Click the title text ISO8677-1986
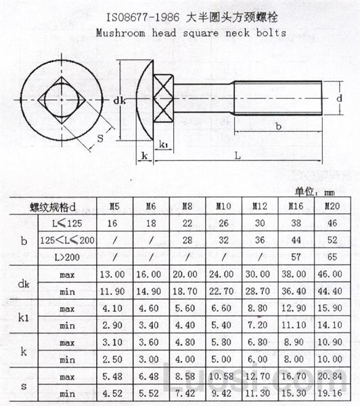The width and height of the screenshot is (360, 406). click(139, 15)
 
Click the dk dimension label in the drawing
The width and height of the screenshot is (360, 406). click(120, 101)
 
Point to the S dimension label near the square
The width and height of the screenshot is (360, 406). click(99, 139)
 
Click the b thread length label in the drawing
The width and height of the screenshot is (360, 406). click(279, 126)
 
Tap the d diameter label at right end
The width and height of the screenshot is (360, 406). click(338, 98)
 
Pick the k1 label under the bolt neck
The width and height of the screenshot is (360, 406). click(164, 144)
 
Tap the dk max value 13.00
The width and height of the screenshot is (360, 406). click(112, 275)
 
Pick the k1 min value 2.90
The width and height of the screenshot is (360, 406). click(112, 325)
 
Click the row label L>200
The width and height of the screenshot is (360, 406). click(66, 257)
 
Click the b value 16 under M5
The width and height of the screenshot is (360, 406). click(112, 222)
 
